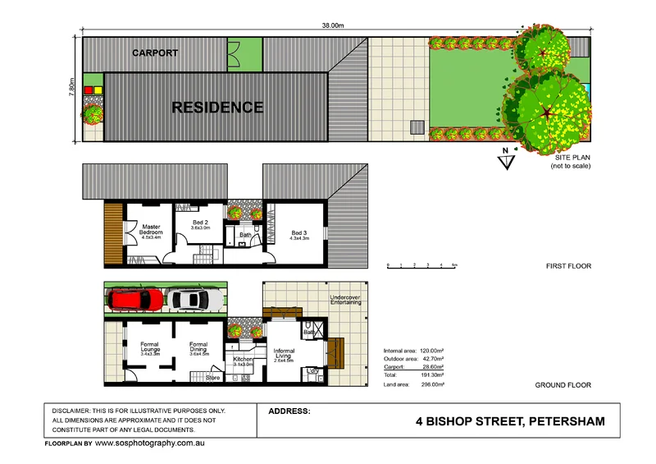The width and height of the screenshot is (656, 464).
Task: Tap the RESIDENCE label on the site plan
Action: coord(217,107)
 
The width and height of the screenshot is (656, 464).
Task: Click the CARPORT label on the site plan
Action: coord(155,53)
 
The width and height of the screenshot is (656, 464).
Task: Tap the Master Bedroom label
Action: coord(151,230)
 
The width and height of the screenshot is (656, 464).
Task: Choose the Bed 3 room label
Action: coord(300,235)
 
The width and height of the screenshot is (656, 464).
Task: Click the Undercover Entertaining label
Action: coord(345,300)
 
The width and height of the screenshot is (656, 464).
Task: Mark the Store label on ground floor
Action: coord(212,378)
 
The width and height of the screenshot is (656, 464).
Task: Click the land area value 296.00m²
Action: coord(432,384)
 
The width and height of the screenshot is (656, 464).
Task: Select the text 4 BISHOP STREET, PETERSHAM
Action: coord(510,422)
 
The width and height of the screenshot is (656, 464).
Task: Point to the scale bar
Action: coord(421,266)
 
